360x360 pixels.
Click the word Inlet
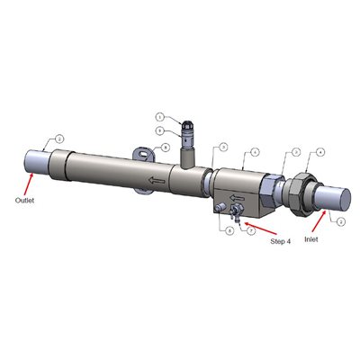pos(311,240)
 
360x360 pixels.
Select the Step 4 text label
pos(282,240)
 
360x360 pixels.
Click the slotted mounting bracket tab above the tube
pos(145,154)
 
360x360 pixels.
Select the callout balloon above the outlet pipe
pos(58,139)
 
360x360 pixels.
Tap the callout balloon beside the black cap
pos(159,117)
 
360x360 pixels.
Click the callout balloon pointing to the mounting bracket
pos(166,148)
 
